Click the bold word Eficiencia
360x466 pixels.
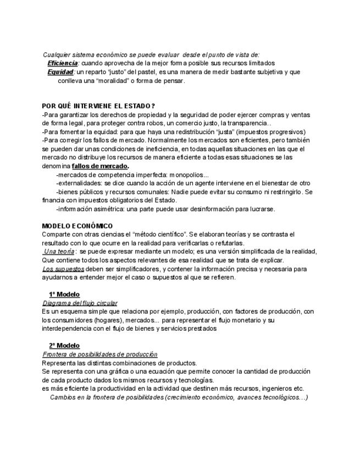tap(63, 63)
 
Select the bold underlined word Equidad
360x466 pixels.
tap(60, 72)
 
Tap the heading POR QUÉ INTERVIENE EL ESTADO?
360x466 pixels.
tap(98, 106)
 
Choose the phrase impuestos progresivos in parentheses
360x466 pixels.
tap(270, 132)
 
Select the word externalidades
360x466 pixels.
tap(81, 183)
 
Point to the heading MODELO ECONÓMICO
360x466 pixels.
tap(77, 226)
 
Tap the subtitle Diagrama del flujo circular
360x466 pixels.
tap(80, 303)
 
